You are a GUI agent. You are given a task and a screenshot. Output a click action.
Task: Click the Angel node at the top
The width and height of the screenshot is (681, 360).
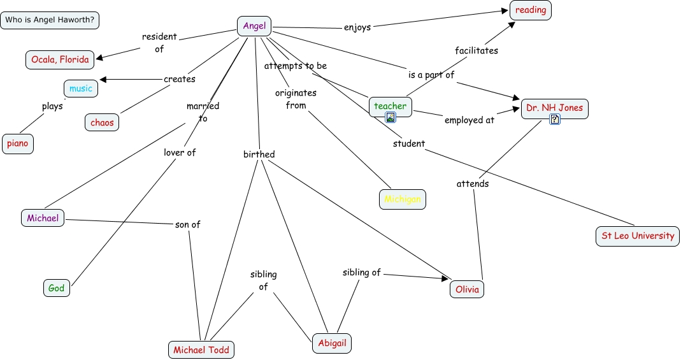[254, 26]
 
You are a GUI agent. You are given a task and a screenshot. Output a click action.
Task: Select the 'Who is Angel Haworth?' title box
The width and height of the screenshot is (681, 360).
[50, 20]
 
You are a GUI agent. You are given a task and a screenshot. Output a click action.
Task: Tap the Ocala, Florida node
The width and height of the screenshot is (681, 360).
[60, 59]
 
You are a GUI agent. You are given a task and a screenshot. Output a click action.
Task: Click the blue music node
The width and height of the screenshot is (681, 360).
[81, 89]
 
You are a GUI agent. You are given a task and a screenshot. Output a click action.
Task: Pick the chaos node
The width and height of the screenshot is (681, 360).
[102, 122]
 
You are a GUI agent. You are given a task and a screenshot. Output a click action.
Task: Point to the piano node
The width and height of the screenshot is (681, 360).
[18, 144]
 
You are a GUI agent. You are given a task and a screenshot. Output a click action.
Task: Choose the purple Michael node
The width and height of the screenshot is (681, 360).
[43, 218]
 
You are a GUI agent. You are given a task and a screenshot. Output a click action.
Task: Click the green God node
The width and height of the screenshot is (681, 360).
[57, 288]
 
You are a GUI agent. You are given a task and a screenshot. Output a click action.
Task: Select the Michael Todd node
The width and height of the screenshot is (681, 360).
[201, 350]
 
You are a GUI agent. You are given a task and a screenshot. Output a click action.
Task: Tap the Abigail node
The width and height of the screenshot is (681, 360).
[332, 343]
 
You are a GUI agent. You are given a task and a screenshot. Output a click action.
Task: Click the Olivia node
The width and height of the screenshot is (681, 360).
[467, 289]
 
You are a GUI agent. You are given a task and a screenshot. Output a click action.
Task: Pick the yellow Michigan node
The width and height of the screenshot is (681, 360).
[403, 199]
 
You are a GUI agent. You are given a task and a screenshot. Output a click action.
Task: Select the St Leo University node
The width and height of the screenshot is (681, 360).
[638, 236]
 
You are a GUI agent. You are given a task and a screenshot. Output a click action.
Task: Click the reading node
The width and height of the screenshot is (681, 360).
[530, 10]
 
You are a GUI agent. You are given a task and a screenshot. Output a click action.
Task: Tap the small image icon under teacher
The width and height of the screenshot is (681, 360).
[391, 117]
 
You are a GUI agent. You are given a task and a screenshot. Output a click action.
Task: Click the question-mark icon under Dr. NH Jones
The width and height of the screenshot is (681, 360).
[555, 119]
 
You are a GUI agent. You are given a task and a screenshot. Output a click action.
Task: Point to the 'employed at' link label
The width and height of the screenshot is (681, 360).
[469, 120]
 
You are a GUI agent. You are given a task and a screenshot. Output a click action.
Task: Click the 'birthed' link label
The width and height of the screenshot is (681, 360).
[259, 154]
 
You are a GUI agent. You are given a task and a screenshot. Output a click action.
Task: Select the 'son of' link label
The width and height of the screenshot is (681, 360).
[188, 224]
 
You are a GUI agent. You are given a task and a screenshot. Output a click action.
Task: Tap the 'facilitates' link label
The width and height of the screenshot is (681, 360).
[477, 50]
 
